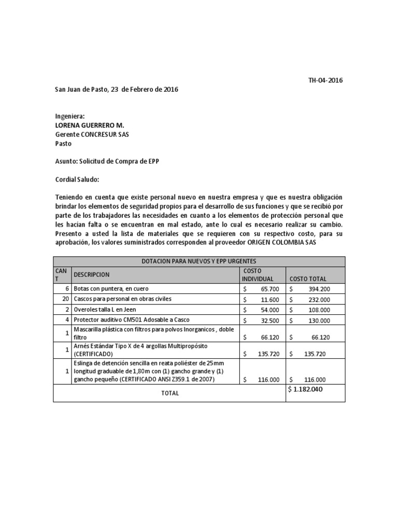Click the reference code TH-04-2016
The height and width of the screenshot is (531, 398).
[325, 80]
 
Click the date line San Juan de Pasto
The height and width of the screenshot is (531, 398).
[117, 89]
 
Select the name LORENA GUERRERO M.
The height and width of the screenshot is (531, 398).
[90, 125]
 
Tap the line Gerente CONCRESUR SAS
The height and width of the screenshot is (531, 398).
[92, 134]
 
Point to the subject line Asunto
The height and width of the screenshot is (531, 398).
[107, 161]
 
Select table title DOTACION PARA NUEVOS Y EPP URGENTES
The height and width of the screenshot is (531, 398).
[199, 261]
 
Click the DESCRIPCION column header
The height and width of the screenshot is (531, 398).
[92, 274]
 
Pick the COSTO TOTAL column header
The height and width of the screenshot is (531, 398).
[308, 279]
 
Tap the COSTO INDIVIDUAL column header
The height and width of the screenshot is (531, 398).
[258, 275]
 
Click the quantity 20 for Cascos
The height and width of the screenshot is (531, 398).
[65, 299]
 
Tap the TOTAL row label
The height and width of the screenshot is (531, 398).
[169, 393]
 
